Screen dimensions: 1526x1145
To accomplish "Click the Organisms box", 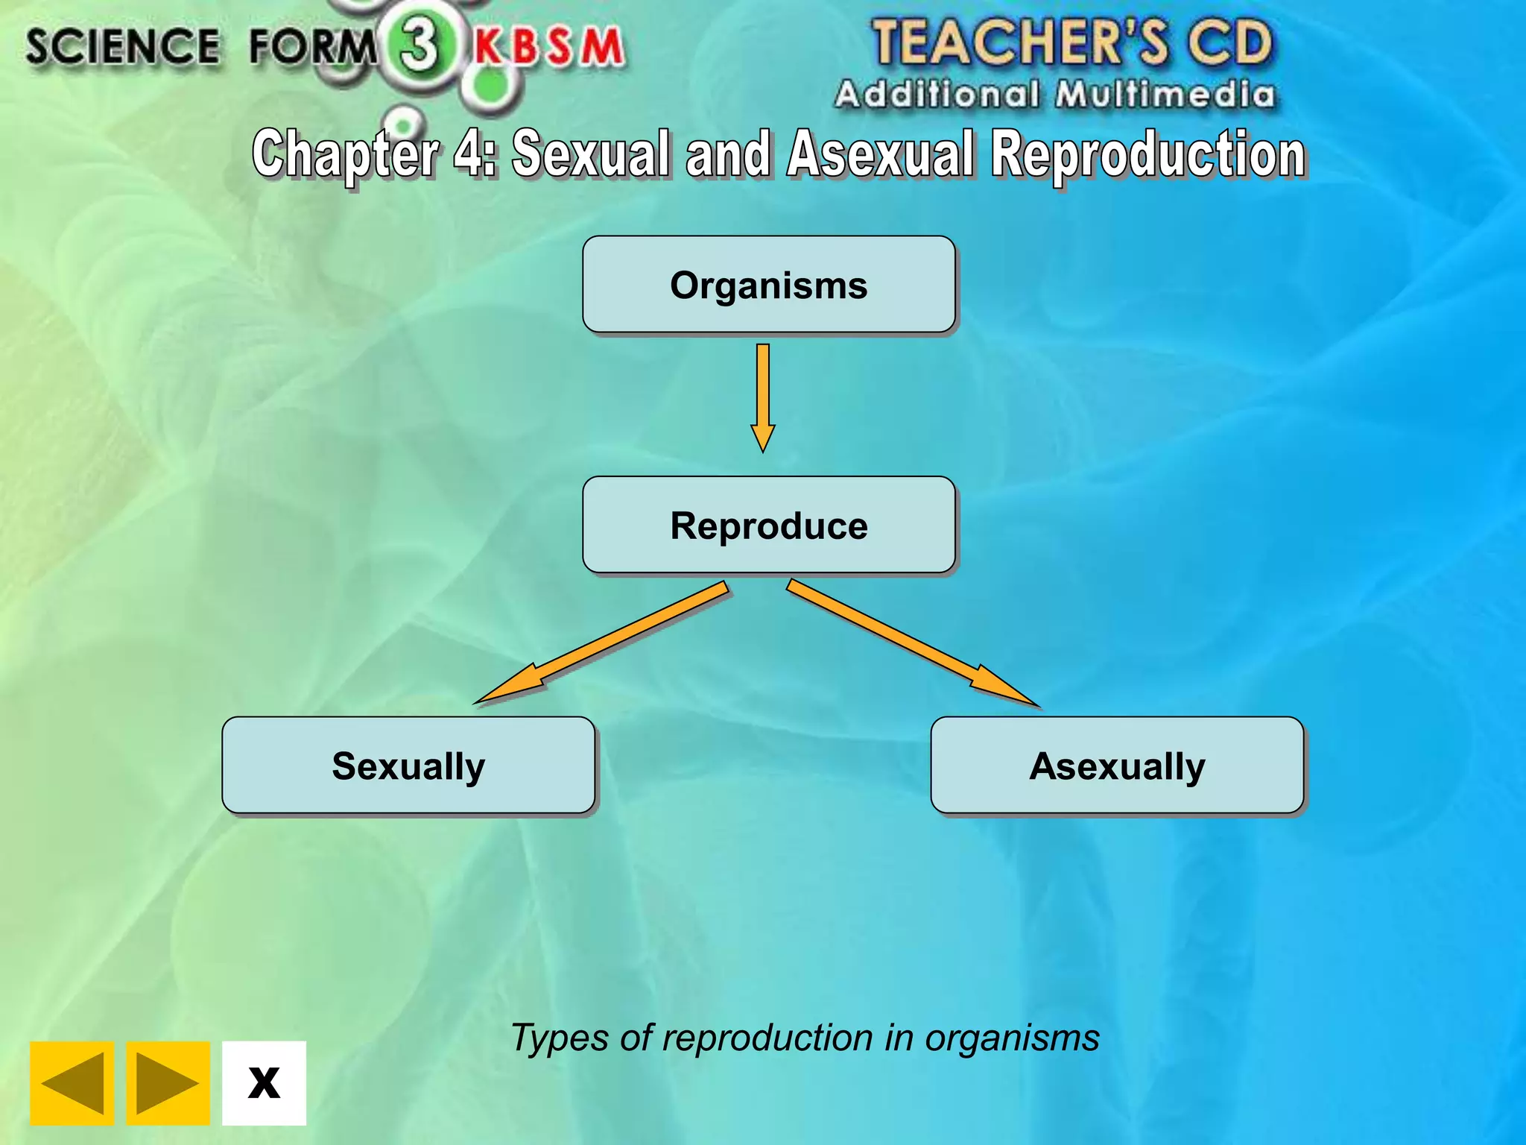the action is pos(768,285).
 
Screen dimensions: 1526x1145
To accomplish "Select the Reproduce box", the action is pos(768,525).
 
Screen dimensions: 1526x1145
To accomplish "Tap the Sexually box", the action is pos(408,765).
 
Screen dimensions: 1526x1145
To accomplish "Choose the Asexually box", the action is pos(1117,765).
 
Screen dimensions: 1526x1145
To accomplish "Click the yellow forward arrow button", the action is pos(168,1082).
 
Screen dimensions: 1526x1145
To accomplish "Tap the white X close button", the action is pos(264,1082).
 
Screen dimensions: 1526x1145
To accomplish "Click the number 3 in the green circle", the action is pos(420,45).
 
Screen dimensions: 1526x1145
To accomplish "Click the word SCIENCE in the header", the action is pos(123,46).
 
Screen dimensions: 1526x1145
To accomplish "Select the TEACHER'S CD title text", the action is pos(1072,42).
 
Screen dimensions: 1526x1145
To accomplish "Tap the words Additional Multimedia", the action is pos(1054,95).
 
